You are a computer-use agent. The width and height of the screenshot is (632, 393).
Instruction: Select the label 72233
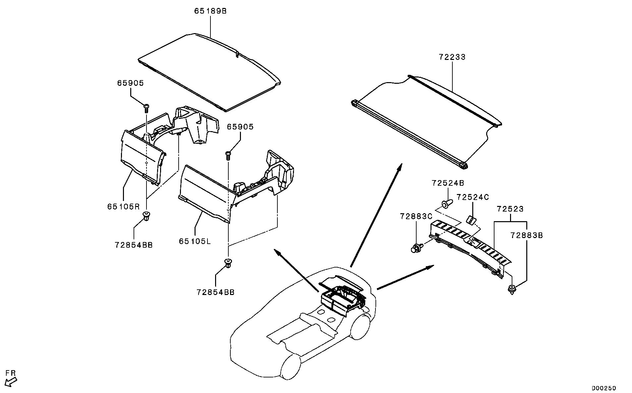[x=452, y=57]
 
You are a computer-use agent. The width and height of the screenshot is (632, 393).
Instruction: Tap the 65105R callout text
[x=123, y=207]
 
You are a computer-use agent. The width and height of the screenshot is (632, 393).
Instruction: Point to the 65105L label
[x=195, y=241]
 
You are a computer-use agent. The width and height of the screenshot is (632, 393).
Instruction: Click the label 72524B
[x=448, y=183]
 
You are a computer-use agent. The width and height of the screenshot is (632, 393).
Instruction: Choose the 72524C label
[x=473, y=197]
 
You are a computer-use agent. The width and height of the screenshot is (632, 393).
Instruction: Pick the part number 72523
[x=510, y=209]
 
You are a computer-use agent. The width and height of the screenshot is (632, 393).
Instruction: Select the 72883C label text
[x=416, y=217]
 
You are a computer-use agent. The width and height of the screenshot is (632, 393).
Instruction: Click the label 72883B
[x=527, y=235]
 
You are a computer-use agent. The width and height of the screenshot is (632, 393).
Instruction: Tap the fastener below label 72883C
[x=416, y=248]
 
